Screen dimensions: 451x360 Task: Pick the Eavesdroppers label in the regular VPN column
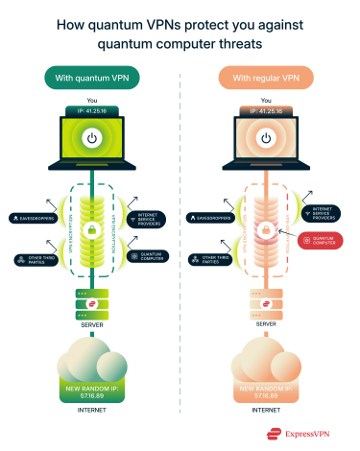(x=215, y=218)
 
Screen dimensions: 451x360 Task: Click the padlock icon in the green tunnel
(x=90, y=231)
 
